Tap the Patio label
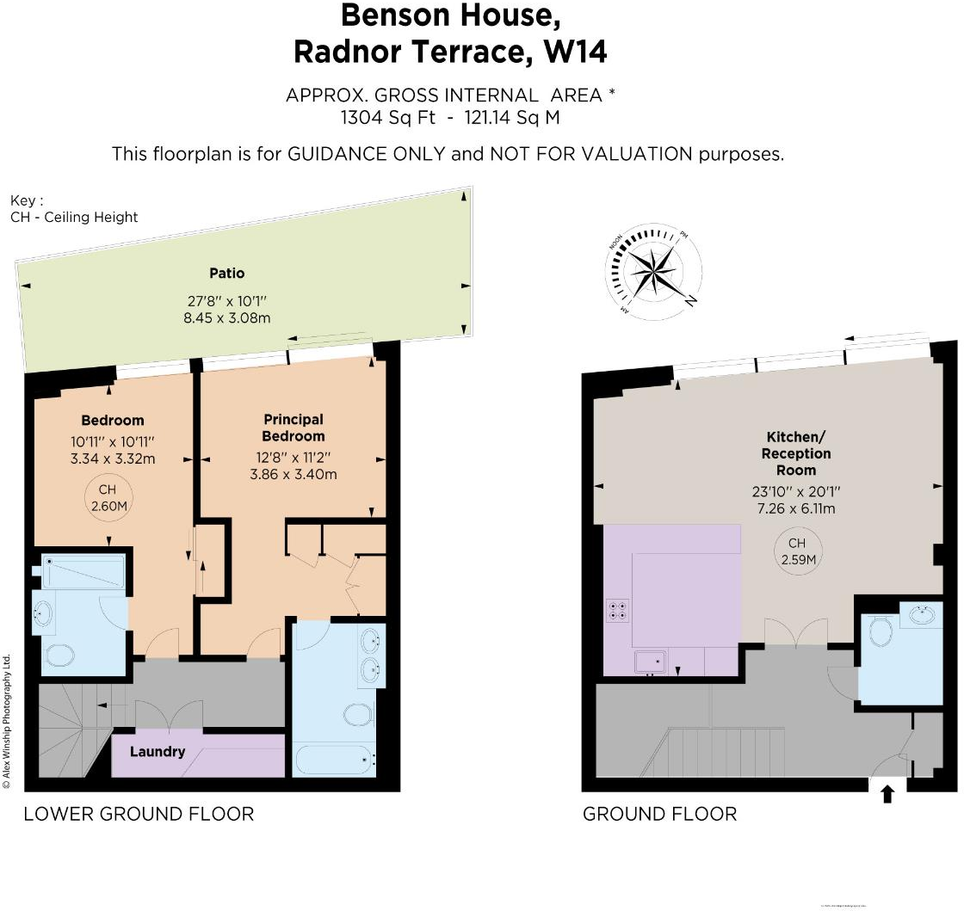pyautogui.click(x=226, y=274)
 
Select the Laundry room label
pyautogui.click(x=158, y=751)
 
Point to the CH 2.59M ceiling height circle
pyautogui.click(x=797, y=551)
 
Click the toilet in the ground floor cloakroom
pyautogui.click(x=880, y=631)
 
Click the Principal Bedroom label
pyautogui.click(x=294, y=428)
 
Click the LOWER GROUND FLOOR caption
pyautogui.click(x=139, y=814)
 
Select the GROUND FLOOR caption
pyautogui.click(x=659, y=814)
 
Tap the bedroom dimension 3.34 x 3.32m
pyautogui.click(x=113, y=459)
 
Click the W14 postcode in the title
pyautogui.click(x=575, y=52)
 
